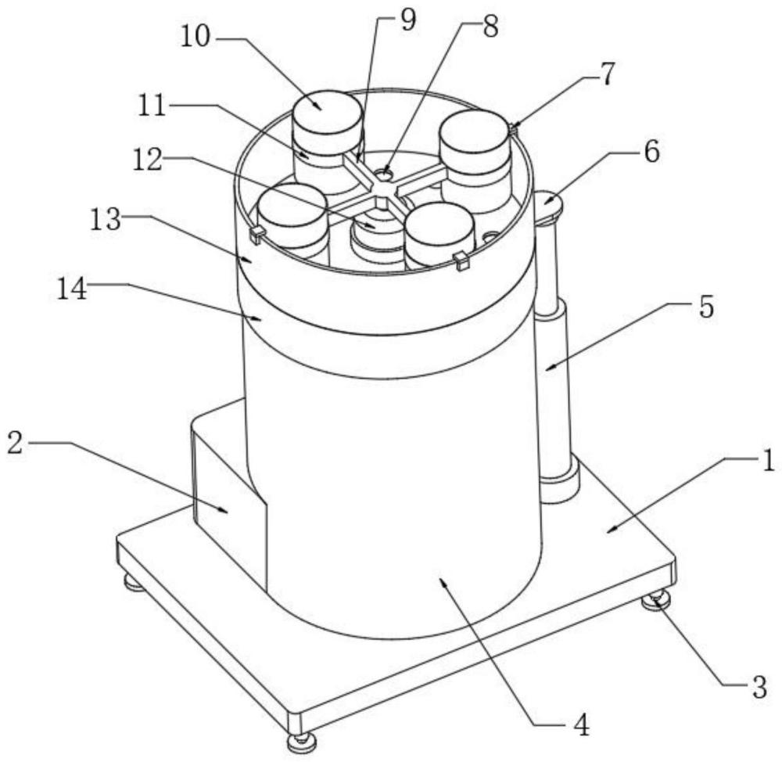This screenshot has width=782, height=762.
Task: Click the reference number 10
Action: [195, 37]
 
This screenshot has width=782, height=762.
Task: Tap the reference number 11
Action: [152, 106]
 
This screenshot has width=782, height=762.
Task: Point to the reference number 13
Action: [106, 220]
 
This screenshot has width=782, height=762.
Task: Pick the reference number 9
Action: [408, 21]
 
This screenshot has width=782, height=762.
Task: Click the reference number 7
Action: [607, 74]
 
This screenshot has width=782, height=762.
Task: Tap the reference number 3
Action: [759, 688]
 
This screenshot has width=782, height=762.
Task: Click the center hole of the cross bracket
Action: [384, 174]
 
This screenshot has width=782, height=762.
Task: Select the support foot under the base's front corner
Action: [301, 740]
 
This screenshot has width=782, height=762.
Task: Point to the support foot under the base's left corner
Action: [135, 582]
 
